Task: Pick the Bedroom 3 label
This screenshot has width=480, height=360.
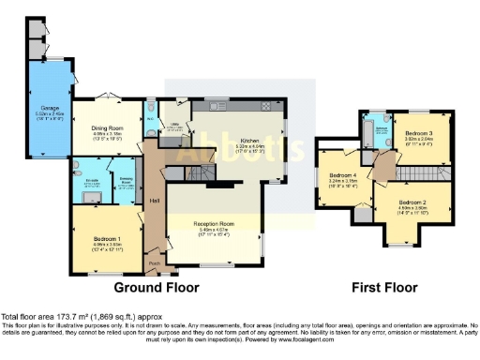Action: (418, 134)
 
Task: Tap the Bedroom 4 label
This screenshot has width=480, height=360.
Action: (343, 175)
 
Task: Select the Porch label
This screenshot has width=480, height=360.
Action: (154, 263)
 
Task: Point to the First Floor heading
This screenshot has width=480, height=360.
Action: (383, 286)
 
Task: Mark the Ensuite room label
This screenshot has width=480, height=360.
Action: (91, 180)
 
